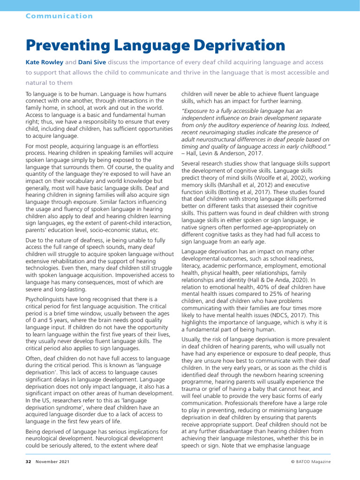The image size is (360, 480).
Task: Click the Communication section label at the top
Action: tap(59, 16)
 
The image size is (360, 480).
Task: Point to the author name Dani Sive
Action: tap(91, 62)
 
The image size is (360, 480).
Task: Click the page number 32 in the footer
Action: tap(28, 462)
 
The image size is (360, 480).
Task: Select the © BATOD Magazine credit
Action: tap(310, 462)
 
